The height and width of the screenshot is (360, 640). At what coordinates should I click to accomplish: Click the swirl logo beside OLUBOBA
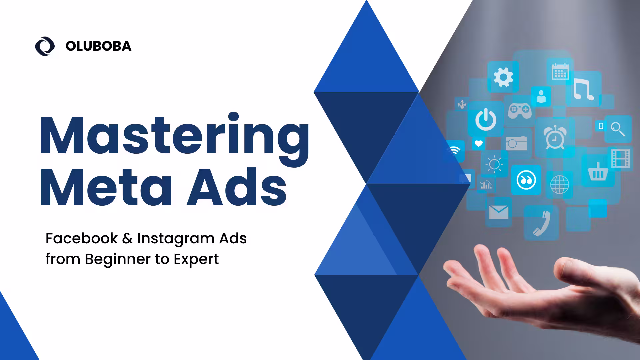[x=45, y=46]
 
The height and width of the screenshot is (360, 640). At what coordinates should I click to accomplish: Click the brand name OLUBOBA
[x=98, y=46]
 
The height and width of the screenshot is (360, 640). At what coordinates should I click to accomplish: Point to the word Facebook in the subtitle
[x=82, y=238]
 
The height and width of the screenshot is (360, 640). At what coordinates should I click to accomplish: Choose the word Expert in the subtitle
[x=196, y=259]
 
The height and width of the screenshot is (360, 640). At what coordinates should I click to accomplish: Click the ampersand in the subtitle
[x=127, y=239]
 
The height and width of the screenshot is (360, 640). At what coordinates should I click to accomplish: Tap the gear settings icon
[x=503, y=77]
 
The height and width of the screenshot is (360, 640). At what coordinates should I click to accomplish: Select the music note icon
[x=583, y=89]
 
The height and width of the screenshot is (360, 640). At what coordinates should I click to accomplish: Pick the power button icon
[x=486, y=119]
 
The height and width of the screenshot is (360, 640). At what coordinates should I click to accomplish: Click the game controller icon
[x=520, y=110]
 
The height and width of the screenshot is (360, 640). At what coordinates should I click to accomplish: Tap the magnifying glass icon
[x=618, y=129]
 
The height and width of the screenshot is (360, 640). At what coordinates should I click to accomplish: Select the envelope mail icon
[x=499, y=212]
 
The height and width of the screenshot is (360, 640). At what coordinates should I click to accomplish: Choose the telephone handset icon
[x=541, y=223]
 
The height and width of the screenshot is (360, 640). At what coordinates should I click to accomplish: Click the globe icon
[x=560, y=184]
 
